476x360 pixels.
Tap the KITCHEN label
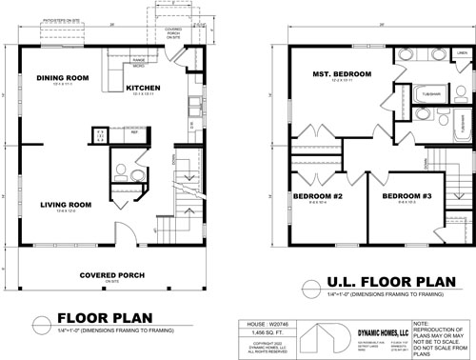tap(144, 88)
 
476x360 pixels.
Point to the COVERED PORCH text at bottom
tap(111, 275)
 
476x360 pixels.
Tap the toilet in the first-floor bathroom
tap(119, 173)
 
